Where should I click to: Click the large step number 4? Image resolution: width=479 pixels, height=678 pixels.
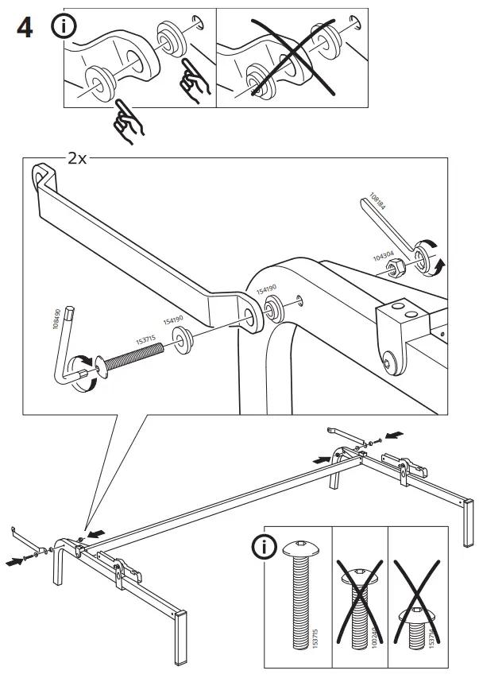(x=25, y=30)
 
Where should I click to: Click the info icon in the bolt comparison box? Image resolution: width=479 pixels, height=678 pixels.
(x=263, y=548)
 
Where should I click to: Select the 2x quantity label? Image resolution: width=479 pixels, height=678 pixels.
(x=76, y=159)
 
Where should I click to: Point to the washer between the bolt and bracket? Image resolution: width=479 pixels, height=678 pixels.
(x=184, y=343)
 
